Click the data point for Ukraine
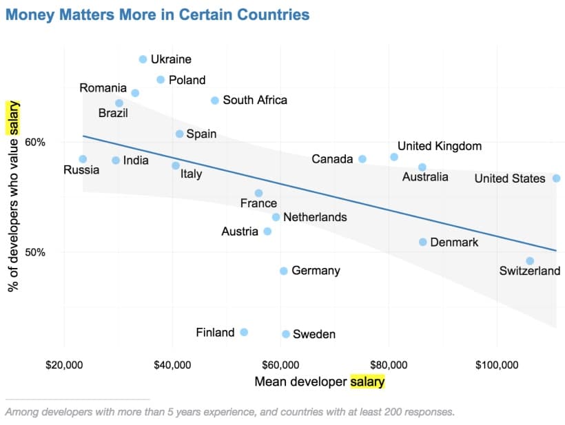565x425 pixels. pos(143,59)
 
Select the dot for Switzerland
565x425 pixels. pos(530,261)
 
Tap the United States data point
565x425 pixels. pos(556,178)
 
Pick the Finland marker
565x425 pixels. pos(244,332)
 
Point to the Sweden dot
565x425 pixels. pos(286,334)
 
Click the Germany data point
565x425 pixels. pos(284,271)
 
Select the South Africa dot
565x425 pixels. pos(215,101)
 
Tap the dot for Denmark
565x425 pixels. pos(422,242)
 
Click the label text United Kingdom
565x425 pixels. pos(440,146)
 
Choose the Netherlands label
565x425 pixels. pos(316,217)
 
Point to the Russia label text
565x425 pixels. pos(81,169)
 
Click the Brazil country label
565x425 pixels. pos(113,113)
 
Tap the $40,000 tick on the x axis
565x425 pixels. pos(172,365)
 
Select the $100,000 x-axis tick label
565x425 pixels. pos(497,365)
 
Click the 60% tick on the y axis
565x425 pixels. pos(35,143)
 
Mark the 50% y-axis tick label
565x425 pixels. pos(35,252)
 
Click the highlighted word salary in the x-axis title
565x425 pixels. pos(367,382)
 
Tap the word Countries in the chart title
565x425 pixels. pos(274,14)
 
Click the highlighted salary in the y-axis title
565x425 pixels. pos(13,118)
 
